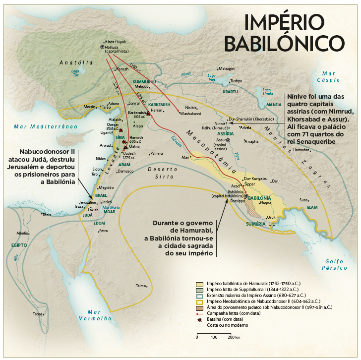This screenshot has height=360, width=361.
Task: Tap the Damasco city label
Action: (125, 172)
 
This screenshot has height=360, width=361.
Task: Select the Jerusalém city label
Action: (87, 202)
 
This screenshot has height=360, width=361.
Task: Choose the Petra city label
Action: (103, 231)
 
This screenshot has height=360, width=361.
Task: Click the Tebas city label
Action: (38, 314)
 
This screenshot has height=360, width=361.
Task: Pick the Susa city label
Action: (303, 200)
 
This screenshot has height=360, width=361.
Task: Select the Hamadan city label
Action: (301, 149)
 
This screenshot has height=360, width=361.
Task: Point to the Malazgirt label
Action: (226, 68)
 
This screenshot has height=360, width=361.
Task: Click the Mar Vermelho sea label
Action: (94, 315)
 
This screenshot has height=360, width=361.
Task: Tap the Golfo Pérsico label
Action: (336, 264)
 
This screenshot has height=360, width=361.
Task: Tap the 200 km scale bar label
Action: (234, 337)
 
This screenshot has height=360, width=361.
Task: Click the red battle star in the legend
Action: (198, 319)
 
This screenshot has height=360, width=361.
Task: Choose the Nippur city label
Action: (266, 203)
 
